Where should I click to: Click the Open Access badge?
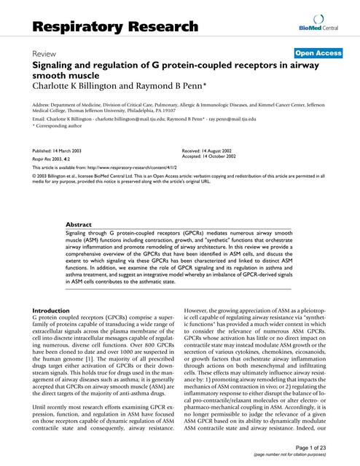click(x=318, y=53)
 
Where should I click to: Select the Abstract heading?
click(x=79, y=225)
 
